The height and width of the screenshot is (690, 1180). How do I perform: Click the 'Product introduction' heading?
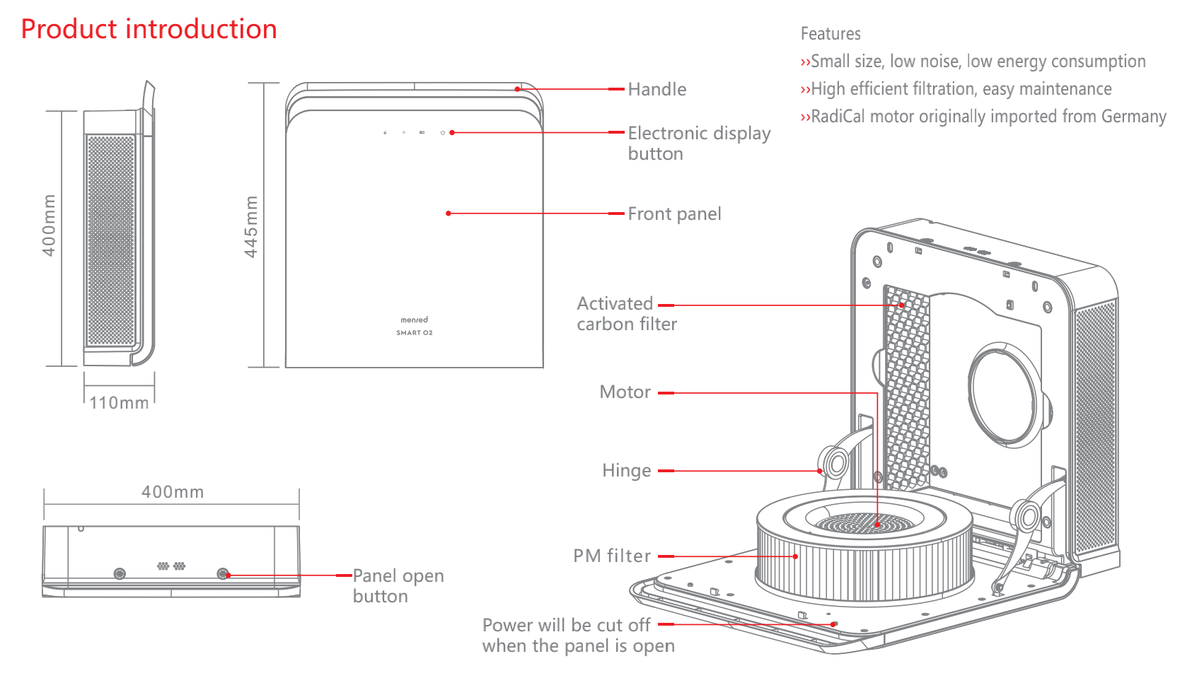click(149, 29)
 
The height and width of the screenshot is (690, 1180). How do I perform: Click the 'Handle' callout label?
click(657, 90)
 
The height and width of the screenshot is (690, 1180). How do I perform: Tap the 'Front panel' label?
click(674, 214)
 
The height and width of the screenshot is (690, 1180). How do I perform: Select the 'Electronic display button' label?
click(699, 143)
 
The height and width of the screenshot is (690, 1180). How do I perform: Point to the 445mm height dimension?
click(251, 226)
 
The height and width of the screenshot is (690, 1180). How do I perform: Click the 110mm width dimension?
click(119, 403)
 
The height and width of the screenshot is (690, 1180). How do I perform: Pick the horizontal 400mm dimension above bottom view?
click(172, 492)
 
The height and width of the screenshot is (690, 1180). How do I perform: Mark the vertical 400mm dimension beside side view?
click(49, 226)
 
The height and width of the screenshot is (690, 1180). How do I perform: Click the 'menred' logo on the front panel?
click(414, 320)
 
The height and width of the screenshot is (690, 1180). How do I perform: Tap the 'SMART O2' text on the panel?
click(414, 333)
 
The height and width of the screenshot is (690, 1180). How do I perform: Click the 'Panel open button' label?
click(398, 586)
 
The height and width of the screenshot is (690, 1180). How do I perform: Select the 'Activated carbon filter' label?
click(627, 314)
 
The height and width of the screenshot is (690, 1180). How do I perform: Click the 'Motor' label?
click(625, 392)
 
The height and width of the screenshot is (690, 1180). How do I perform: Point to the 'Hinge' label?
click(626, 471)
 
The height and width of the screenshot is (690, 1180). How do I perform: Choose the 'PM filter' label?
click(612, 556)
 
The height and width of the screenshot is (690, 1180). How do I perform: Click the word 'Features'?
click(831, 34)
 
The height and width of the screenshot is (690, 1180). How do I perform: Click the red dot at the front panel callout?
click(449, 214)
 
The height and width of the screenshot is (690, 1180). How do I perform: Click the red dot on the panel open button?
click(228, 575)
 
